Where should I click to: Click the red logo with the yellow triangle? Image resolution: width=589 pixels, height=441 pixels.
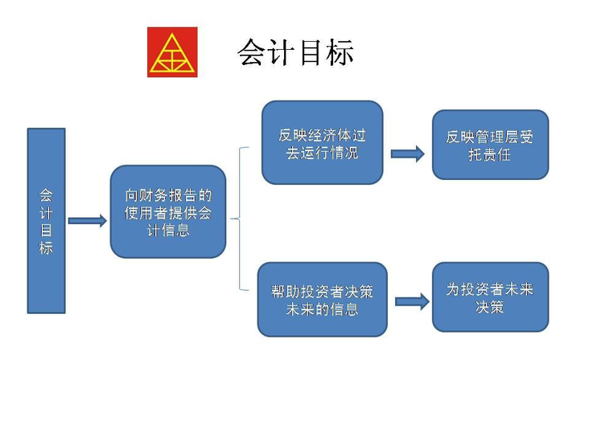click(x=172, y=52)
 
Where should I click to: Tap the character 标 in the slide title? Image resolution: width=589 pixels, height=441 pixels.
click(x=340, y=52)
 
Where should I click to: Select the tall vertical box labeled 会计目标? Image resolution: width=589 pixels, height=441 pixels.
click(x=46, y=220)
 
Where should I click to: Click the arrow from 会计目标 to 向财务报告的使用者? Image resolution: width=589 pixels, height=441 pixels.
click(x=88, y=220)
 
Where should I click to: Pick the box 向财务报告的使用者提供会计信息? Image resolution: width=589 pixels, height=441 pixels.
click(x=168, y=211)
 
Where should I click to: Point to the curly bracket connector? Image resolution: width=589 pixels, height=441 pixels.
click(x=240, y=218)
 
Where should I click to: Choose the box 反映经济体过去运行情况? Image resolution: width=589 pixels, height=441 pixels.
click(x=323, y=142)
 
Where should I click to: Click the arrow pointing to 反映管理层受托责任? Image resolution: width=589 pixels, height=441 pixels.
click(x=408, y=153)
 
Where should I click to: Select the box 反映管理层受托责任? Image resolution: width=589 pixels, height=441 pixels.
click(x=490, y=145)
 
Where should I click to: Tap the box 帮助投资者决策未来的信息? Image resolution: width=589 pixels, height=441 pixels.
click(x=323, y=300)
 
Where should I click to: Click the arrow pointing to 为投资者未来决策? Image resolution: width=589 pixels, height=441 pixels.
click(x=412, y=301)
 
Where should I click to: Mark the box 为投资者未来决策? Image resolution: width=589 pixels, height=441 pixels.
click(x=490, y=297)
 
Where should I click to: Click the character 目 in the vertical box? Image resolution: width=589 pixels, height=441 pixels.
click(x=46, y=231)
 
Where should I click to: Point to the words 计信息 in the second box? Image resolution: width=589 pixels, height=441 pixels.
click(x=168, y=230)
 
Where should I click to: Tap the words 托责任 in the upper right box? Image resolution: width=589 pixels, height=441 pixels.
click(x=489, y=154)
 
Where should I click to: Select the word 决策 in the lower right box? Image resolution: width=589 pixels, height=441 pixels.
click(x=489, y=307)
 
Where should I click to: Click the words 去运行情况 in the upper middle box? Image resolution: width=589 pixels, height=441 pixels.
click(x=323, y=153)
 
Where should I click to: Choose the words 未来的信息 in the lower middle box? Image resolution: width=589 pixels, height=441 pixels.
click(x=323, y=309)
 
